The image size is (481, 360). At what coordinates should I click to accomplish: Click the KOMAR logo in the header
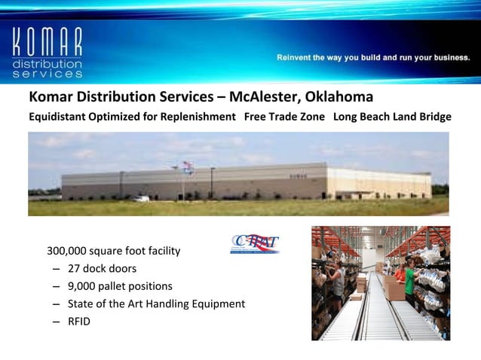[x=47, y=53]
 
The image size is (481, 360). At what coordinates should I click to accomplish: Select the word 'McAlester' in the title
[x=262, y=99]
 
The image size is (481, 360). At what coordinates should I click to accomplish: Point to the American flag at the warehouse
[x=188, y=168]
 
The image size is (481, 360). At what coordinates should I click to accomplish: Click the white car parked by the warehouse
[x=140, y=198]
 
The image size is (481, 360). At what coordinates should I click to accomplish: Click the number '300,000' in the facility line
[x=69, y=251]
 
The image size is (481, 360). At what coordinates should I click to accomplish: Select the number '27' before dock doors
[x=75, y=269]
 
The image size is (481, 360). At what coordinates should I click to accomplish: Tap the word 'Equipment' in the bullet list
[x=219, y=304]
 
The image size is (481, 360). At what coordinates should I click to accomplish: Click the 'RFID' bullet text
[x=80, y=322]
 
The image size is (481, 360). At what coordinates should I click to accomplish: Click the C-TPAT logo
[x=255, y=244]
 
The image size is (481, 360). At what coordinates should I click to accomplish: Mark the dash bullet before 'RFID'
[x=57, y=322]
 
